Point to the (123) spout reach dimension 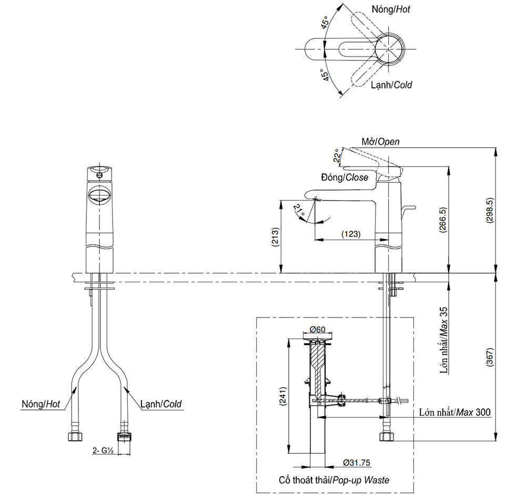click(350, 234)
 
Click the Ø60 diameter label click(318, 329)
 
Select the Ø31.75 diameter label click(357, 463)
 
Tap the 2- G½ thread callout click(103, 450)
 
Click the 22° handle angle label click(336, 156)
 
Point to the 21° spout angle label click(299, 211)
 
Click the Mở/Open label click(380, 141)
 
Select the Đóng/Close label click(342, 178)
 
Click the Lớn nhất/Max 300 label click(455, 412)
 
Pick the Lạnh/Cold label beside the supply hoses click(161, 404)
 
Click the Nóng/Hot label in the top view click(391, 9)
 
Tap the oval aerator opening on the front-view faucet click(99, 196)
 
